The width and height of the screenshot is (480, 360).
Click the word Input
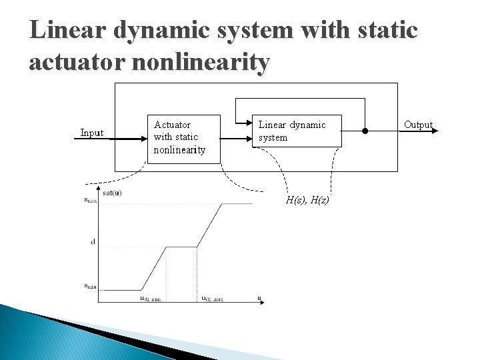click(x=91, y=133)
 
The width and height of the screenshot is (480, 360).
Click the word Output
click(x=418, y=125)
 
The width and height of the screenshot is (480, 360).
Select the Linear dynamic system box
click(x=299, y=131)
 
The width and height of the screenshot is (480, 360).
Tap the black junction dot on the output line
click(x=365, y=131)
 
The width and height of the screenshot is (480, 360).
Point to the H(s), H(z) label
click(x=307, y=200)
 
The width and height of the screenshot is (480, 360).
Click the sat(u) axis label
click(x=112, y=193)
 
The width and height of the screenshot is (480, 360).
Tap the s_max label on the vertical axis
click(x=90, y=201)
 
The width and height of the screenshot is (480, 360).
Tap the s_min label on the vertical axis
click(x=90, y=286)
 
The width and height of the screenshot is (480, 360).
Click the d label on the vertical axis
click(x=93, y=242)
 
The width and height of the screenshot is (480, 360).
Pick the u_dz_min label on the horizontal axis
click(x=150, y=298)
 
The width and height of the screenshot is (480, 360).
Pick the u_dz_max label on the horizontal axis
click(x=212, y=298)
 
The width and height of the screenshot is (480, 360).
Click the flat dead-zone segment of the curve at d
click(x=181, y=247)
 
